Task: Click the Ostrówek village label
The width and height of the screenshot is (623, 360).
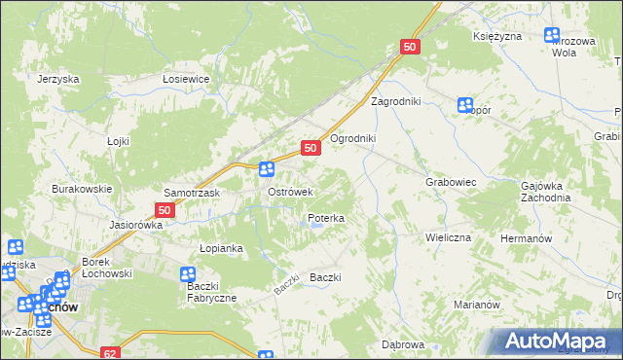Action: (289, 193)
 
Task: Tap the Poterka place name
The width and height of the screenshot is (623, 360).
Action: (326, 219)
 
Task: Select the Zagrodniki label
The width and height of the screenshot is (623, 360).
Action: (393, 101)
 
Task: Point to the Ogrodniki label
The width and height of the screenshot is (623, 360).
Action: (352, 138)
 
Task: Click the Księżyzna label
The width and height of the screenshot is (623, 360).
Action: (498, 36)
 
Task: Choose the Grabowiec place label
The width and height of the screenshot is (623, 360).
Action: (450, 182)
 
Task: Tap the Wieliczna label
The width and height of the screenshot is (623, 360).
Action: (448, 237)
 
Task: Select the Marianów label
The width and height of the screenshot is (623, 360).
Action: (477, 305)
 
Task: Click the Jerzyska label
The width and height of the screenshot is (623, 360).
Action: (57, 79)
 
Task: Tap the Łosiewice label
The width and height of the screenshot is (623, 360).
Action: (187, 79)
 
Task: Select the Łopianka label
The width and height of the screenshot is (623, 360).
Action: (220, 248)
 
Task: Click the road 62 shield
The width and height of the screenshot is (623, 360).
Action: (111, 353)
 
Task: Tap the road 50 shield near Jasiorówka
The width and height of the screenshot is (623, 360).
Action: (165, 209)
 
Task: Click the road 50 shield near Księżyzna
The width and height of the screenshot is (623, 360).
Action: (410, 47)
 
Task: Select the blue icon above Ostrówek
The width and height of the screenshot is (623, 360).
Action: (266, 169)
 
